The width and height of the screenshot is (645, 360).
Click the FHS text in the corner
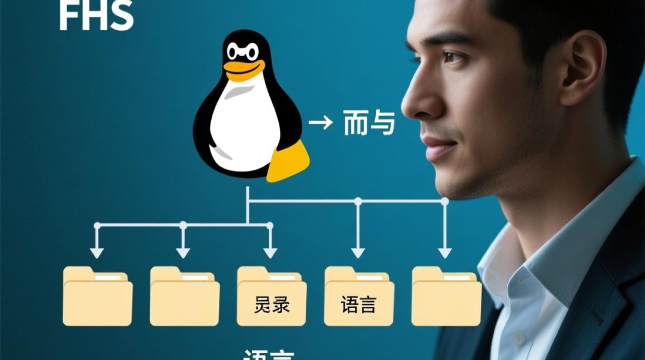click(96, 15)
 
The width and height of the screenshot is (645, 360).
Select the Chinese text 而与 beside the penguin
click(369, 123)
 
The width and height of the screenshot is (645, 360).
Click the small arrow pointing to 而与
click(320, 123)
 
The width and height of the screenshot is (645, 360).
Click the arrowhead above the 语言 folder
click(358, 252)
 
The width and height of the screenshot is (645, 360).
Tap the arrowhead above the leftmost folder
click(97, 252)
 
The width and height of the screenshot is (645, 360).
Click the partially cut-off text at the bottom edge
click(268, 355)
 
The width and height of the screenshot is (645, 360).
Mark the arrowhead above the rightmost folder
click(444, 252)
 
